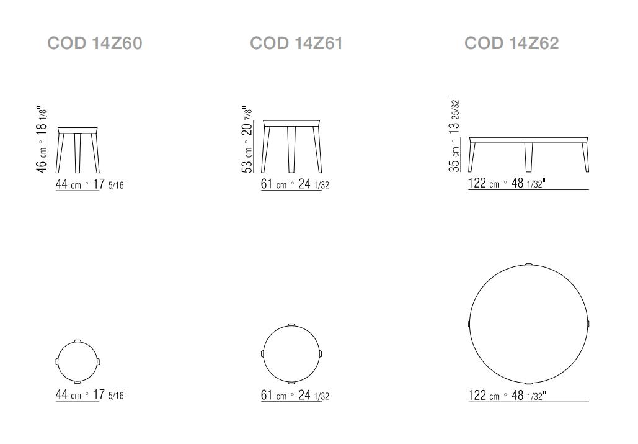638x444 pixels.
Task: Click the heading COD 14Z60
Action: tap(95, 43)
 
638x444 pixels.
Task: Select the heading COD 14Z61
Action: tap(296, 43)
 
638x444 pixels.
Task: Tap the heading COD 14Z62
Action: tap(512, 43)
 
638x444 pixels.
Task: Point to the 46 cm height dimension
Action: tap(42, 140)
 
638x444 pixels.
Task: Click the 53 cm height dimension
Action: tap(247, 140)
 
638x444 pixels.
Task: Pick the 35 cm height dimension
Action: tap(454, 134)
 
